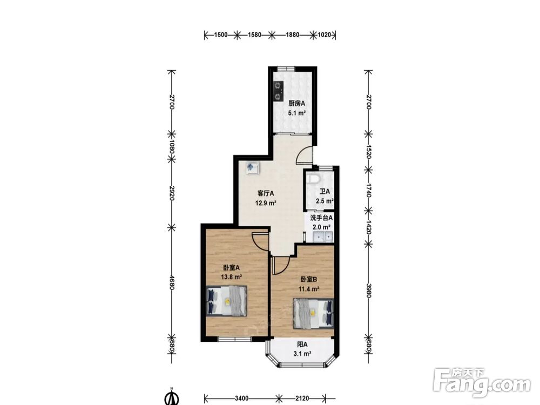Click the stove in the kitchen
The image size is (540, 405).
coord(278,91)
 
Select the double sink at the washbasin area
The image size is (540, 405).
coord(323,237)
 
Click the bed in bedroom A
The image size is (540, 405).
coord(227,301)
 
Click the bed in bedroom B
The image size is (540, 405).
coord(313,313)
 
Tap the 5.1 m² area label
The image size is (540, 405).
coord(297,113)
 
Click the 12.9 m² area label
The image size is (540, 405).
coord(266,203)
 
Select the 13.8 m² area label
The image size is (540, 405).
coord(231,276)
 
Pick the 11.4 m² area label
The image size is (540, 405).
coord(308,289)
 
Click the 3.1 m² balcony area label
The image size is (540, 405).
coord(302,353)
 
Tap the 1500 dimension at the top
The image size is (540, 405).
coord(221,35)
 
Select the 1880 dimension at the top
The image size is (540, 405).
coord(293,35)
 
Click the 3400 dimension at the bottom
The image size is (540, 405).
coord(242,399)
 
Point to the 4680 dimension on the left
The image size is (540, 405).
coord(172,281)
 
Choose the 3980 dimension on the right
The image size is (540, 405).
coord(368,291)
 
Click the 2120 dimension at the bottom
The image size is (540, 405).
coord(302,399)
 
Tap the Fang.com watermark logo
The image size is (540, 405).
coord(482,383)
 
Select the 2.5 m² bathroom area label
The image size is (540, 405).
coord(325,201)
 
